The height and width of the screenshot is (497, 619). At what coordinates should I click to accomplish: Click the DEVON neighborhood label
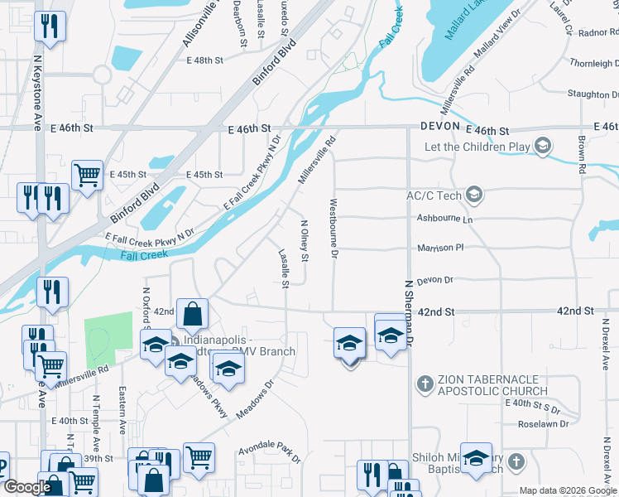440,127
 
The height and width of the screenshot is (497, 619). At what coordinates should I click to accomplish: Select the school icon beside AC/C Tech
474,195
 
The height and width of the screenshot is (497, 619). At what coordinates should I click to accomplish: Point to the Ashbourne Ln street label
444,220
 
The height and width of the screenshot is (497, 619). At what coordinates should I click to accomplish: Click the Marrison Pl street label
441,247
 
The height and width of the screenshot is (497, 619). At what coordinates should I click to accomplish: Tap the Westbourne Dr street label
333,228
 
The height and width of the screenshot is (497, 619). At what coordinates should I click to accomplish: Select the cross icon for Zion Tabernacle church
424,384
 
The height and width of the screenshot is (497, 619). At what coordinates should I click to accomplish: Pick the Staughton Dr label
600,94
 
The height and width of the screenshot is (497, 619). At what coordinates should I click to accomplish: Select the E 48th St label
205,60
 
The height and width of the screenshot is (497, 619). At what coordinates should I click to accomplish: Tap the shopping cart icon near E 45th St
87,175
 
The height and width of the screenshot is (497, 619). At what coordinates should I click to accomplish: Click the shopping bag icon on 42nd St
192,314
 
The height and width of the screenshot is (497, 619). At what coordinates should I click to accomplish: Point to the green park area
108,340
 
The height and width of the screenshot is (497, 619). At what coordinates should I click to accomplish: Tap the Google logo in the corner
26,488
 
